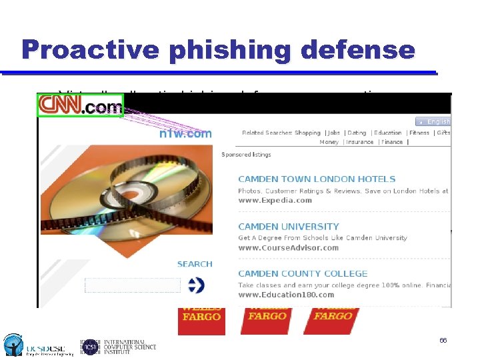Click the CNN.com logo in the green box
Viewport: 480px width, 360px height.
[81, 105]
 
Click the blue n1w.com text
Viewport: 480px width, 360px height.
[185, 133]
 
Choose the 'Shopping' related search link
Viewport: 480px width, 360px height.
[307, 133]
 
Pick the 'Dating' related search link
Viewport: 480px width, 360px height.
[357, 133]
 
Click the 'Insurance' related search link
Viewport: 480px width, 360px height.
[360, 142]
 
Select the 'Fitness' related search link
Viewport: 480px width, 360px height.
[419, 133]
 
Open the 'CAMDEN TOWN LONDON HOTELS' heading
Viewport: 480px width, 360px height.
[317, 179]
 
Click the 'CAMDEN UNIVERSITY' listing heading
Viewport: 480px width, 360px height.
[289, 227]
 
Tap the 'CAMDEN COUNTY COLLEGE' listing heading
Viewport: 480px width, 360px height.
[303, 273]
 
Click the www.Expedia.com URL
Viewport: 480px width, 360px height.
[275, 200]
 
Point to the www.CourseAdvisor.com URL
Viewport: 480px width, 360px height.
[288, 248]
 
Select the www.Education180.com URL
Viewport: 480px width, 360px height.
[286, 295]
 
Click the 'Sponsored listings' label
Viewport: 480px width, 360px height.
[246, 155]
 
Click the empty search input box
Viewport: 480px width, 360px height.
[133, 285]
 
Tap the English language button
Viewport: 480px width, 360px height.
[434, 121]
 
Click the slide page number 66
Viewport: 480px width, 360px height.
[443, 341]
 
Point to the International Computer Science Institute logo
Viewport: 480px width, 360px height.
[119, 346]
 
